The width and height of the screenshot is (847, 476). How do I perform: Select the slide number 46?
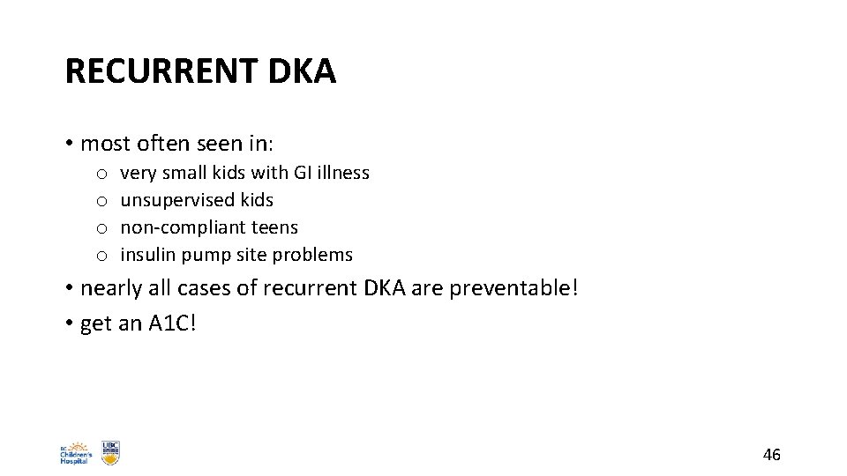point(771,455)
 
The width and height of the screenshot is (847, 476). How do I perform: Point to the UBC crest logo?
point(110,452)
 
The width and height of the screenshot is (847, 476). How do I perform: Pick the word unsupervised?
point(173,201)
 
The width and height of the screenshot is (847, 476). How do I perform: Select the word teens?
point(275,227)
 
